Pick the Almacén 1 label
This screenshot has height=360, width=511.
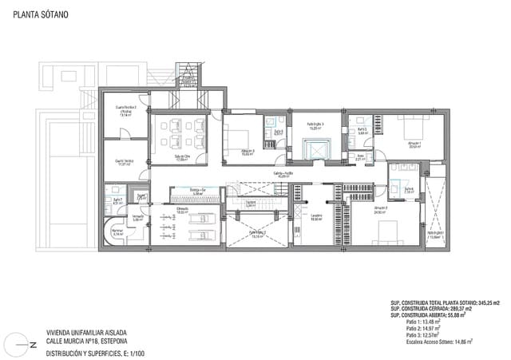coord(414,144)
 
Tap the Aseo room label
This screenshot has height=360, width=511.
coord(361,156)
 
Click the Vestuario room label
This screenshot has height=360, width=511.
coord(137,216)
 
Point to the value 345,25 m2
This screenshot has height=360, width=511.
coord(484,303)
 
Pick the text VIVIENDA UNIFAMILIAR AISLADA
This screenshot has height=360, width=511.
coord(86,333)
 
